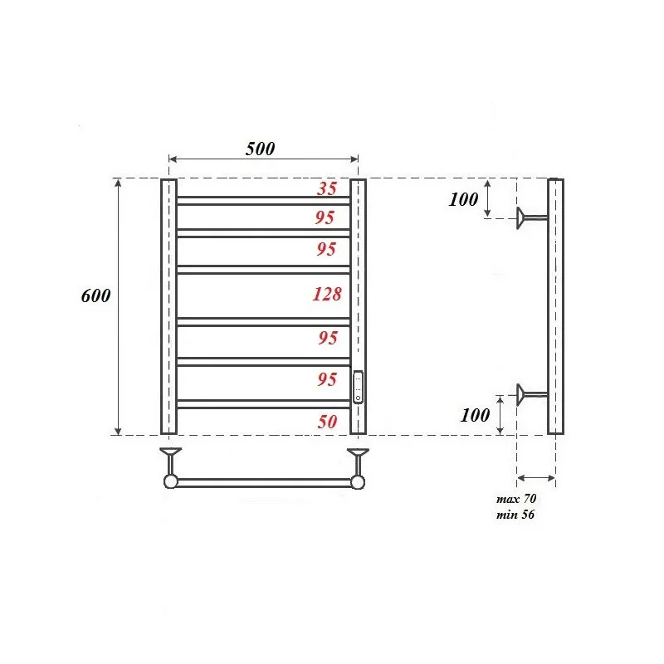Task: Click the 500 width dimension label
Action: point(260,149)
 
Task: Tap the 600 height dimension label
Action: point(96,296)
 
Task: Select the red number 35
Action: point(327,188)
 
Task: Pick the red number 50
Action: point(327,421)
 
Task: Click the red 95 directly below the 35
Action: point(326,217)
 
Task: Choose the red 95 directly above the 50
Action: point(326,379)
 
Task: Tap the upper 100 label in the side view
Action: point(463,199)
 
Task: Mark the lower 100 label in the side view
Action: point(475,416)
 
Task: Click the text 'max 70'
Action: point(517,500)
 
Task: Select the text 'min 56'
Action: point(516,515)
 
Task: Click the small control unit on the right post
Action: point(358,387)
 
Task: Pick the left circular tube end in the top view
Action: point(170,481)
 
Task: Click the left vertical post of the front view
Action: point(168,306)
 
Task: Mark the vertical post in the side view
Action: point(555,306)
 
